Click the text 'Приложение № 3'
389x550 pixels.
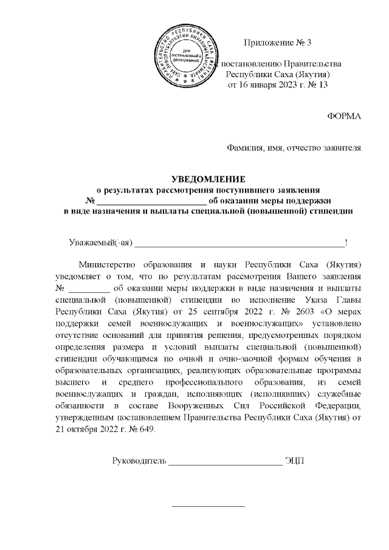click(277, 43)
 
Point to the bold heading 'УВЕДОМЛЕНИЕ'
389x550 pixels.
click(208, 179)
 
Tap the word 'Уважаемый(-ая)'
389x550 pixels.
click(100, 243)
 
